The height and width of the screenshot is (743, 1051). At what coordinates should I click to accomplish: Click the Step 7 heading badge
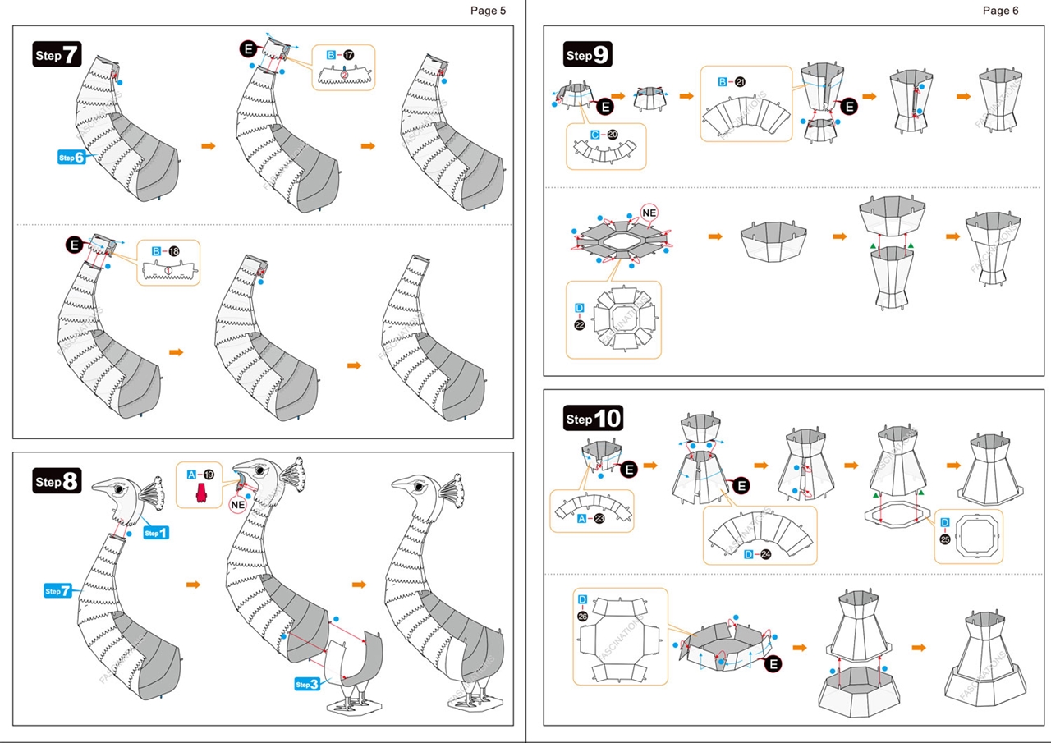[57, 54]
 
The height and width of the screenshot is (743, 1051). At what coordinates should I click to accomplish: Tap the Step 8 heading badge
[57, 481]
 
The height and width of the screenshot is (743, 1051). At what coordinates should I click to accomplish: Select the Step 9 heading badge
[588, 55]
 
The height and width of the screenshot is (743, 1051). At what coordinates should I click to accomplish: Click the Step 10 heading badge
[594, 419]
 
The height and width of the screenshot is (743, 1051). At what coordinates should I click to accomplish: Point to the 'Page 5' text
[489, 11]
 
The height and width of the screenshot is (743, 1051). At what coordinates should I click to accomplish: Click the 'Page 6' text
[1000, 11]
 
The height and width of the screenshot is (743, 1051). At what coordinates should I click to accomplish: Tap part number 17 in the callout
[347, 55]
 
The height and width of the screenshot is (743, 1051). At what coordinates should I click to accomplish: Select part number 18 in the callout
[172, 250]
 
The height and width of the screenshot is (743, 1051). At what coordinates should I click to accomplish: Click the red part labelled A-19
[200, 491]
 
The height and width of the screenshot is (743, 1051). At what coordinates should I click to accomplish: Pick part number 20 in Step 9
[613, 134]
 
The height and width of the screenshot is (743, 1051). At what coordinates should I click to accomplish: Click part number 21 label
[741, 82]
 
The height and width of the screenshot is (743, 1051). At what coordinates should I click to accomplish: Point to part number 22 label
[580, 324]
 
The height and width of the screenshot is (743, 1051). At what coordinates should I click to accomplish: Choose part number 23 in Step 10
[599, 519]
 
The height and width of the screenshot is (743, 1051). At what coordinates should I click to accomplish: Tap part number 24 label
[765, 554]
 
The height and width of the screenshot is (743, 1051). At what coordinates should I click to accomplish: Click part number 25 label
[944, 539]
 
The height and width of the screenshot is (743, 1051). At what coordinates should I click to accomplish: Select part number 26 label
[582, 617]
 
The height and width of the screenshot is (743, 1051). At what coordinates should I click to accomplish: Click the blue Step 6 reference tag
[71, 157]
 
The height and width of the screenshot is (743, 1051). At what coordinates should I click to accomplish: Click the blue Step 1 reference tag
[155, 533]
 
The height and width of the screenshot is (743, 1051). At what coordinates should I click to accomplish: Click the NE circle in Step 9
[649, 213]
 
